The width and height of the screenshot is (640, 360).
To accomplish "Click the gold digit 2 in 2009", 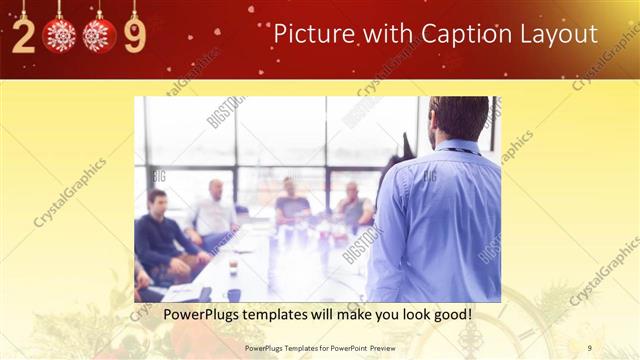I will tap(25, 37).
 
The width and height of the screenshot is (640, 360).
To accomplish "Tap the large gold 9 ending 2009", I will tap(135, 37).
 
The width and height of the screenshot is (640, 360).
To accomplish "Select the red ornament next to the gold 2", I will tap(60, 36).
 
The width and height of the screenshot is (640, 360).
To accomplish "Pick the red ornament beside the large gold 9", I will tap(99, 36).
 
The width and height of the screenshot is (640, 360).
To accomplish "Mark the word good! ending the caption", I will tap(451, 315).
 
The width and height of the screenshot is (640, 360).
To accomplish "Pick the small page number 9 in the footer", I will tap(590, 348).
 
